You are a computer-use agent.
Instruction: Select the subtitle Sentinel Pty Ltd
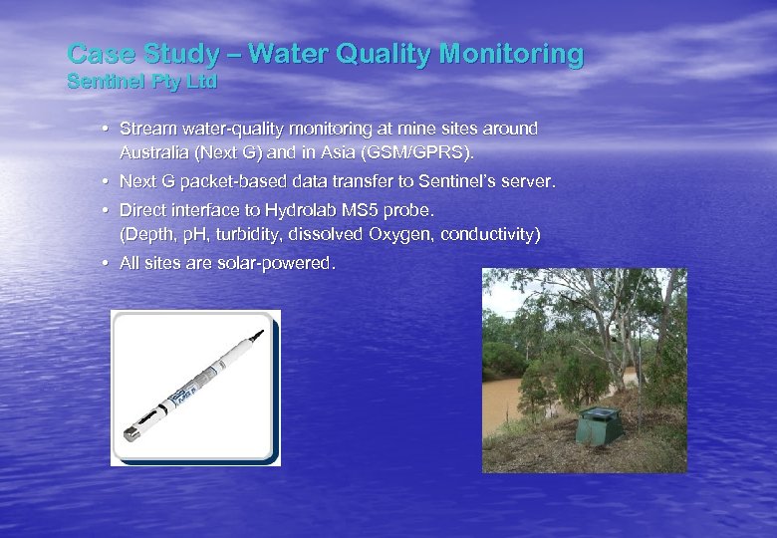(140, 82)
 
